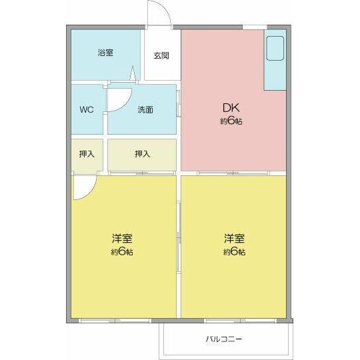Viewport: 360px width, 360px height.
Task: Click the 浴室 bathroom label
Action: [104, 53]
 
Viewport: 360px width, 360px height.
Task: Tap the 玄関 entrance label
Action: [161, 55]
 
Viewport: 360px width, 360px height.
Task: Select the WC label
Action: [87, 109]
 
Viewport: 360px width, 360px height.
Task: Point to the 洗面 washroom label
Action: [145, 109]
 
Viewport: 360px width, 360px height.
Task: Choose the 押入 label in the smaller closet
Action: [87, 154]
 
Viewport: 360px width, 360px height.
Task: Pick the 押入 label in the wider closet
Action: [142, 154]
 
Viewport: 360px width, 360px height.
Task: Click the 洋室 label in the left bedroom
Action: [121, 238]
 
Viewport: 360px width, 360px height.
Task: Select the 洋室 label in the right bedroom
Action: [234, 238]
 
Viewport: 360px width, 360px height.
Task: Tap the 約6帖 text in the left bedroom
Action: [121, 252]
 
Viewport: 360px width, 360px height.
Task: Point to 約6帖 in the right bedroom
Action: [234, 252]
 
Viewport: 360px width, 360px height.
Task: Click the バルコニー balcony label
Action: [224, 339]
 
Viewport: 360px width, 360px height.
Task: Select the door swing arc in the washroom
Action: [119, 99]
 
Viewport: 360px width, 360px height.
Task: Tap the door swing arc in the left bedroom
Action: [83, 188]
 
